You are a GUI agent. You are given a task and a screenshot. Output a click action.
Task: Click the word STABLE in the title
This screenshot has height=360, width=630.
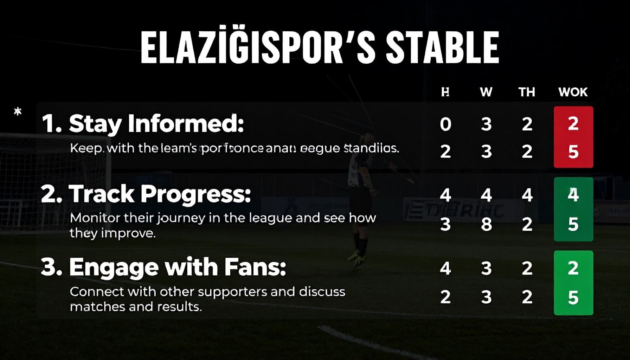442,47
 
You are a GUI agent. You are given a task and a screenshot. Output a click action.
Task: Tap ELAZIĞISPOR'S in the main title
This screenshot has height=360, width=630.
258,47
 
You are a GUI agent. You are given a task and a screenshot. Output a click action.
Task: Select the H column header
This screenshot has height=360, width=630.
445,92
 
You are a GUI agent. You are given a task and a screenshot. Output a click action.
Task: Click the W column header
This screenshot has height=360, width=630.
486,92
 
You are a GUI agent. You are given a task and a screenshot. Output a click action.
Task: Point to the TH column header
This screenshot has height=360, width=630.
527,92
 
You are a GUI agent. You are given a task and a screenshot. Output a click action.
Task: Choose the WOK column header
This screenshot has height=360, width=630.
573,92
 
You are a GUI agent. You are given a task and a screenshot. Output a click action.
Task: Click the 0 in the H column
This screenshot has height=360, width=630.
445,124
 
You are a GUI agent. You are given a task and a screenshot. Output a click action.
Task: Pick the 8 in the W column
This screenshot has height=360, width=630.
486,224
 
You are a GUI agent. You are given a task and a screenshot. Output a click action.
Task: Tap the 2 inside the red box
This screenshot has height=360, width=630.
573,123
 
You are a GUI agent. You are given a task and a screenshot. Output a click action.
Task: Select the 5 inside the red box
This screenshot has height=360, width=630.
573,152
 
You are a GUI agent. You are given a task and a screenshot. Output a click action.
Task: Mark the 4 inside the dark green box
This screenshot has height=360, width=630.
573,195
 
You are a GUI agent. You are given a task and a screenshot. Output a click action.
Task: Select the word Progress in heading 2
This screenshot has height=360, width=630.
195,194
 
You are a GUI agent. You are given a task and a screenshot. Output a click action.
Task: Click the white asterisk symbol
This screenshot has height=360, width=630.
18,112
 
